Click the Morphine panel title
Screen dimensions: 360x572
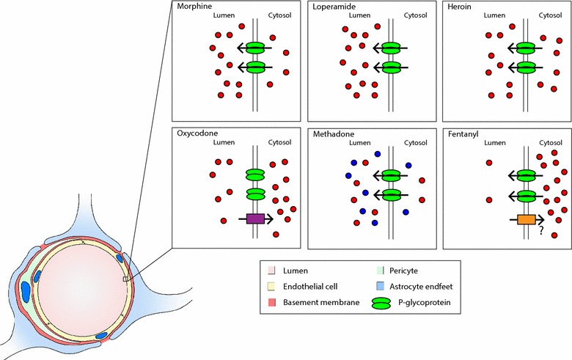point(193,7)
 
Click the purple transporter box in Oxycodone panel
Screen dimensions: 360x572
point(254,218)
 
